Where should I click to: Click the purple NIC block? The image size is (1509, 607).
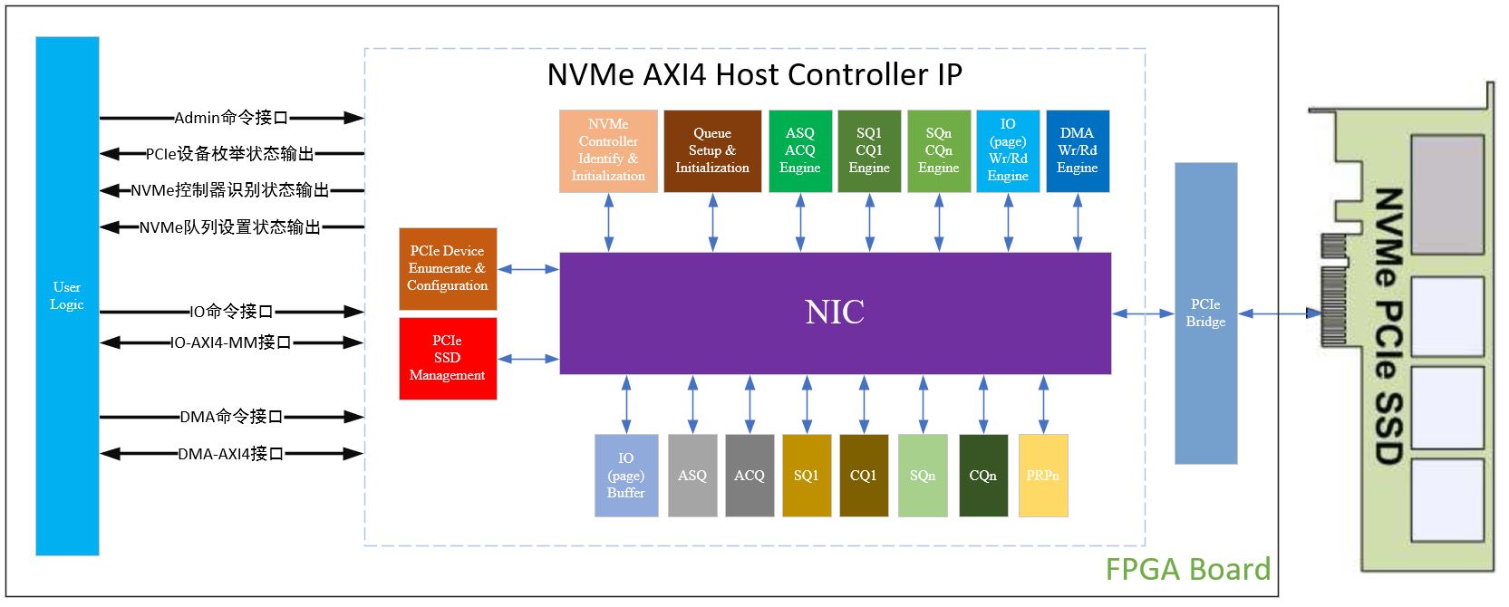coord(835,313)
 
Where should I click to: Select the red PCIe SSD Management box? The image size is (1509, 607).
coord(448,358)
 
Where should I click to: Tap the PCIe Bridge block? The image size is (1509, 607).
coord(1205,313)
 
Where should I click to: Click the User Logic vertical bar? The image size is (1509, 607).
coord(67,295)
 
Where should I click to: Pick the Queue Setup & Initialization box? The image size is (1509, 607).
coord(712,150)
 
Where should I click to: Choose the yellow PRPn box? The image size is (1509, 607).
coord(1043,476)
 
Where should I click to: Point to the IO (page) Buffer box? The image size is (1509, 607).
coord(626,476)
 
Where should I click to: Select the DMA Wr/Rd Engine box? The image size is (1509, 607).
coord(1078,150)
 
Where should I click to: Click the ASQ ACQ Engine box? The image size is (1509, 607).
coord(800,150)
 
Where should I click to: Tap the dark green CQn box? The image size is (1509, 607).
coord(983,476)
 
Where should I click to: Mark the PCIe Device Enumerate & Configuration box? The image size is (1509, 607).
coord(448,268)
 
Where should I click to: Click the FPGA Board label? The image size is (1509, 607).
coord(1187,569)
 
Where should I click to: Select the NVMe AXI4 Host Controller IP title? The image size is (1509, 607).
coord(754,74)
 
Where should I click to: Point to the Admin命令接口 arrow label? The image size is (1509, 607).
coord(231,118)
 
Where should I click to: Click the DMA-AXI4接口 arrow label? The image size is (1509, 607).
coord(231,453)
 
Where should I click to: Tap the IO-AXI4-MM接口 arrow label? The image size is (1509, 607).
coord(231,342)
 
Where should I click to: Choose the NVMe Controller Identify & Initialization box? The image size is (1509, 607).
coord(608,150)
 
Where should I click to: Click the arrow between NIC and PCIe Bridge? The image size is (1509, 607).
coord(1143,313)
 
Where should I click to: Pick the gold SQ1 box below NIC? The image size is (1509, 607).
coord(807,476)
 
